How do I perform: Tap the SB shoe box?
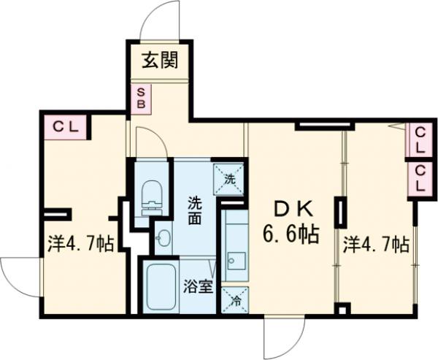[141, 98]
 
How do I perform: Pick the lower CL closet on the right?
[418, 177]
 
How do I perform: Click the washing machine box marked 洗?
[228, 178]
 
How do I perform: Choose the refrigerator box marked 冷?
[235, 299]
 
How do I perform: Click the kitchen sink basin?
[235, 261]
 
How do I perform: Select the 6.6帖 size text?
[291, 234]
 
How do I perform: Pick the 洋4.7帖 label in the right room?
[375, 245]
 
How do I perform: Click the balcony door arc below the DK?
[283, 336]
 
